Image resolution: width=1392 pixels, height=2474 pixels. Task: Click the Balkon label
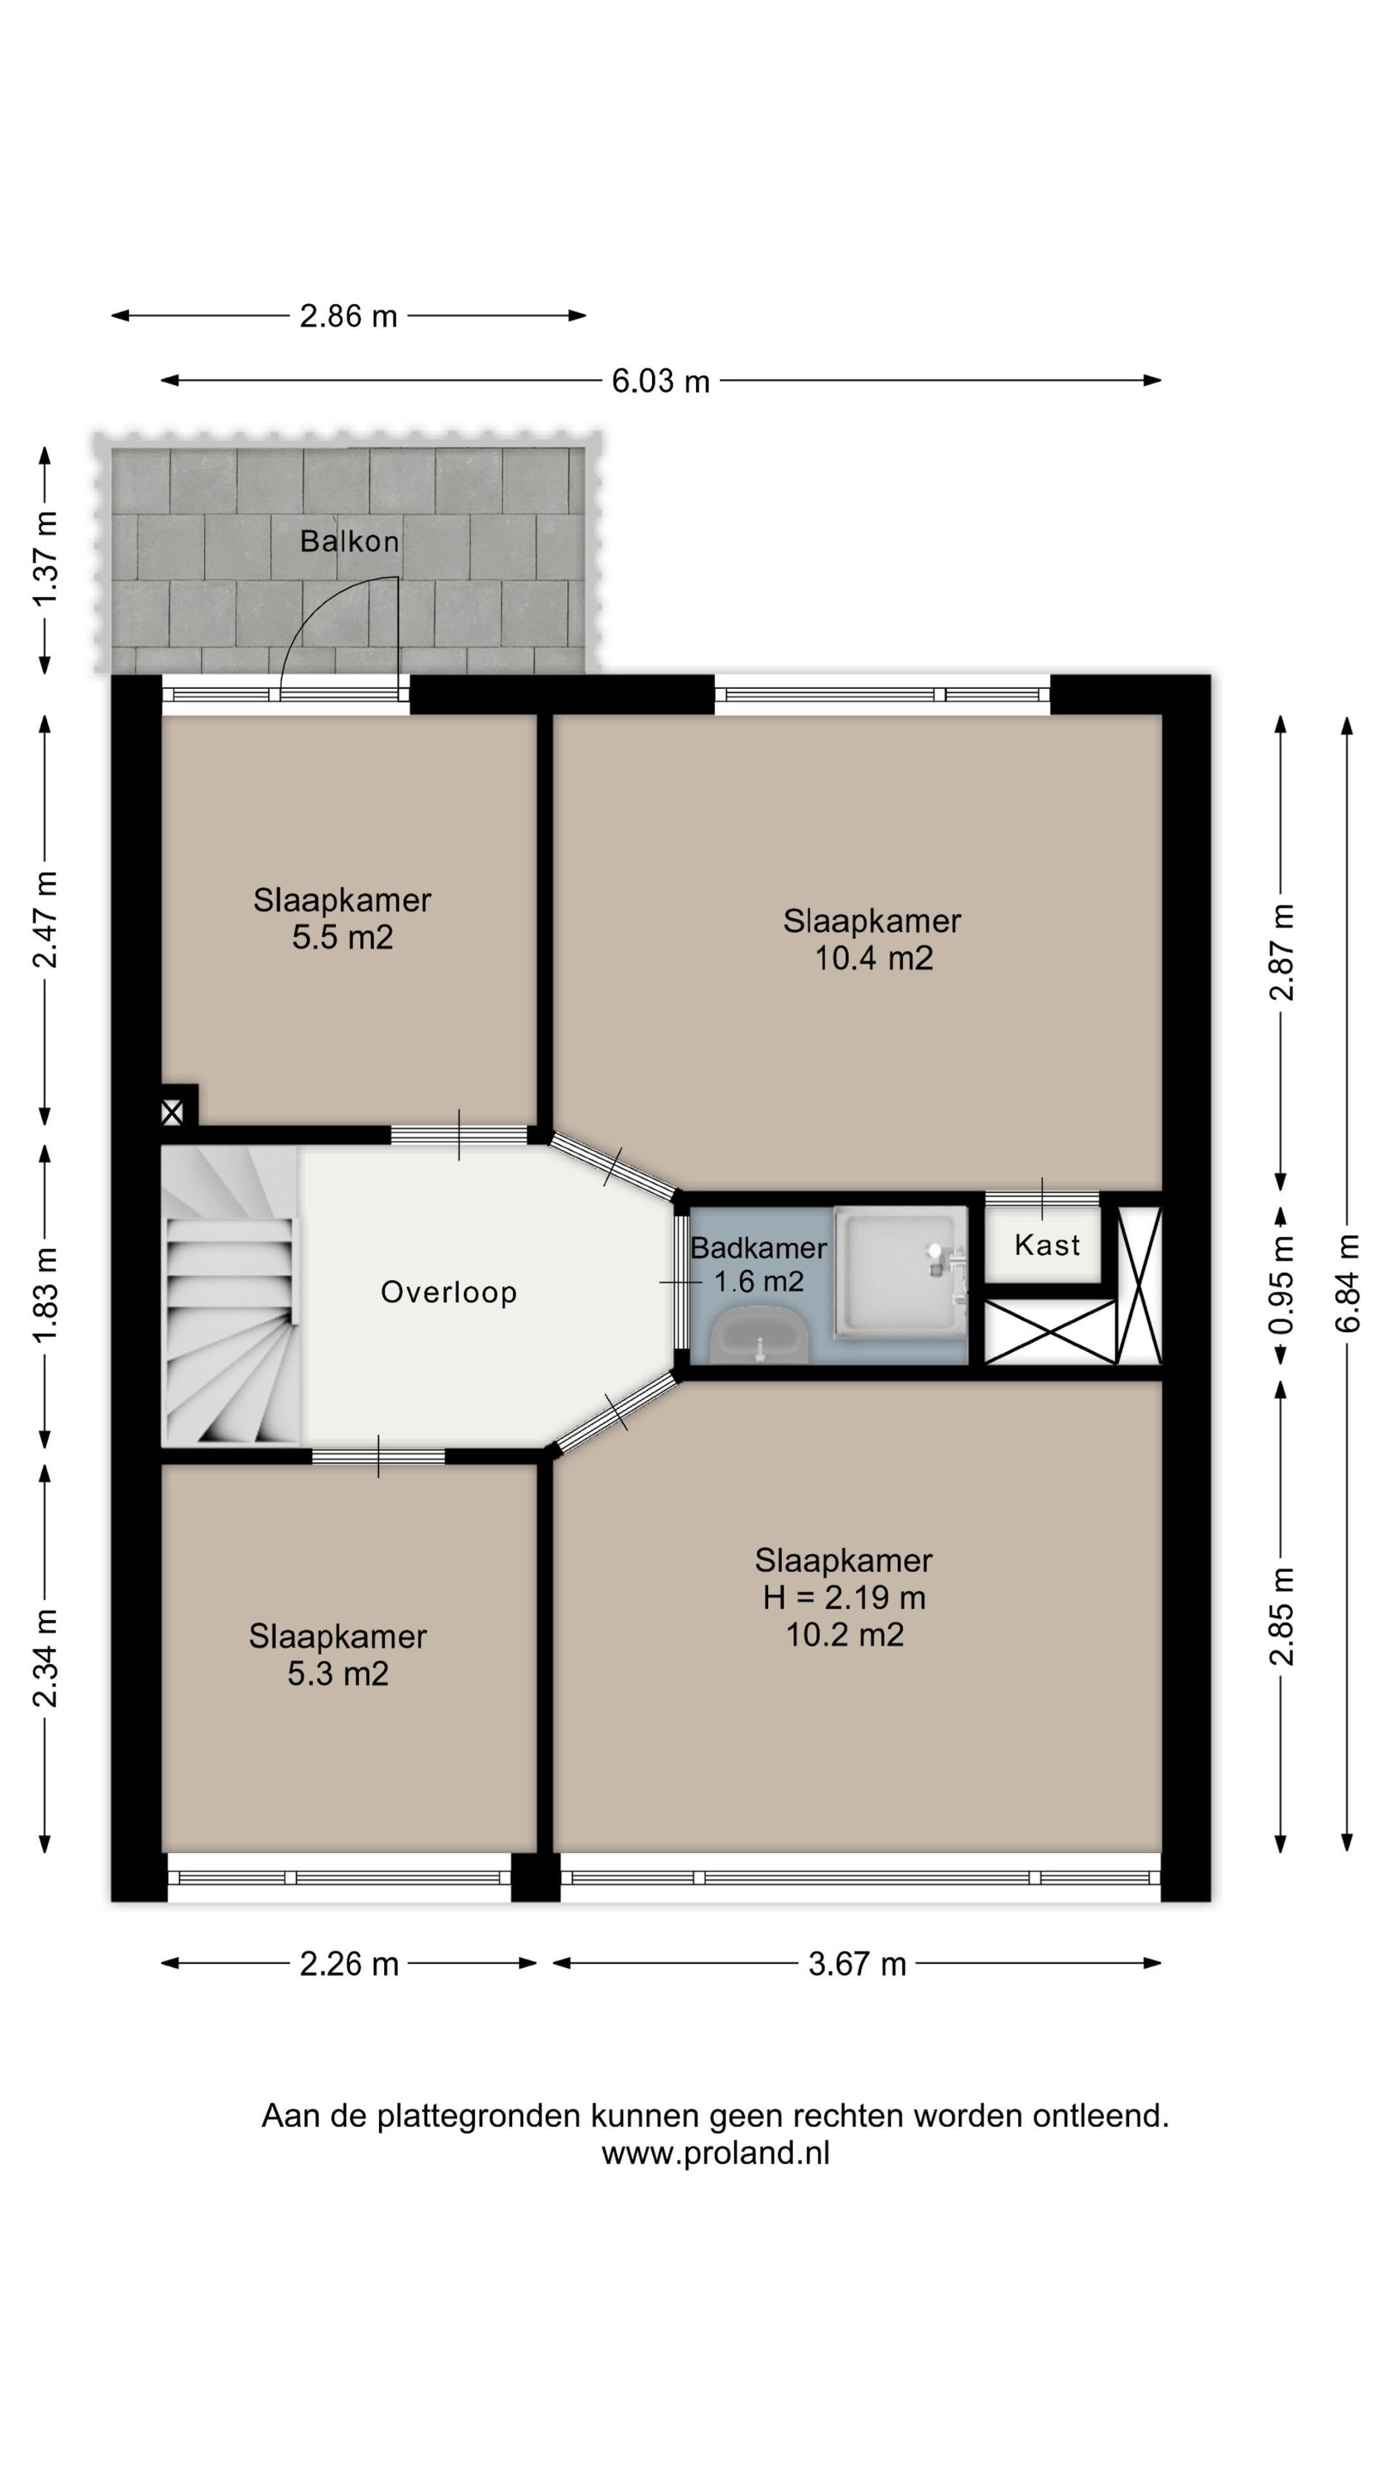click(349, 542)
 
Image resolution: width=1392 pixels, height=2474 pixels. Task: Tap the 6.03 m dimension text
click(660, 381)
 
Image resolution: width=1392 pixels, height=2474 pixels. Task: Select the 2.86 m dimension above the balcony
click(348, 316)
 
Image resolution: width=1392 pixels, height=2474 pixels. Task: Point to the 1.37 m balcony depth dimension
click(46, 558)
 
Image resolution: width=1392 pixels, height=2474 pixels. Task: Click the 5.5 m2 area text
click(342, 937)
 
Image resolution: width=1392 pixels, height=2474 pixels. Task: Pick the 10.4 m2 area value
click(873, 959)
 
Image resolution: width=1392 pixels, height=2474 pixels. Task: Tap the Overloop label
click(449, 1293)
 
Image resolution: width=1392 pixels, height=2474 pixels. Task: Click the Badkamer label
click(758, 1248)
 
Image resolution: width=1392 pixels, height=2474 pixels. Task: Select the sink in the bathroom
click(760, 1335)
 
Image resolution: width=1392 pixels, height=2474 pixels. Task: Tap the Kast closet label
click(1047, 1246)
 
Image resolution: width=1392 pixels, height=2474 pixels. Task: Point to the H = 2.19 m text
click(844, 1598)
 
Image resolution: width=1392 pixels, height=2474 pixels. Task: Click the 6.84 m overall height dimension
click(1348, 1284)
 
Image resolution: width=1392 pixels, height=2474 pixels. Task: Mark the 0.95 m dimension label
click(1280, 1284)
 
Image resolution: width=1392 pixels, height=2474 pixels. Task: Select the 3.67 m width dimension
click(857, 1964)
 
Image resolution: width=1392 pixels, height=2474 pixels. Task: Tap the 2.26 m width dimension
click(349, 1964)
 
